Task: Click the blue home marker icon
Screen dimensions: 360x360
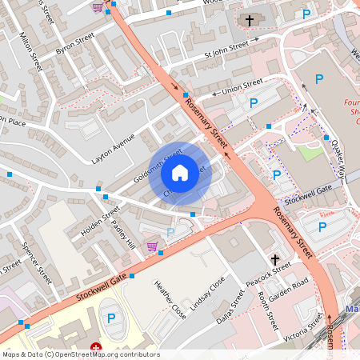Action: tap(180, 172)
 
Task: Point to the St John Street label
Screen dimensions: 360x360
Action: tap(221, 56)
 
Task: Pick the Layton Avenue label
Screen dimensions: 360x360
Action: tap(114, 148)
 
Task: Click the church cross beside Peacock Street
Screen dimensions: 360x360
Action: tap(274, 260)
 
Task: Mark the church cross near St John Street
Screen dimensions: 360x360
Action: tap(249, 20)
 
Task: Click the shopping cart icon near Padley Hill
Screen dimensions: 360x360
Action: tap(152, 246)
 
